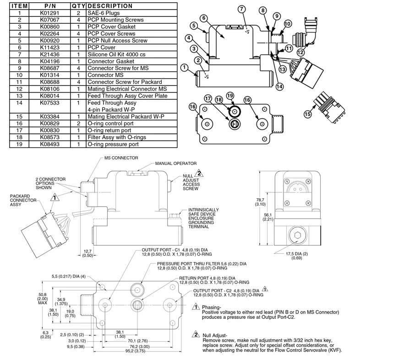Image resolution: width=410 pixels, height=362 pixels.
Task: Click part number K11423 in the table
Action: [x=49, y=48]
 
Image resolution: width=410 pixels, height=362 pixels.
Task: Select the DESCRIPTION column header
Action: [x=110, y=6]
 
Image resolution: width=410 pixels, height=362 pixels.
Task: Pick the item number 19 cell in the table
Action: [x=19, y=144]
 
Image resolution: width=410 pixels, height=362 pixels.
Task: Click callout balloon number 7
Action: [x=241, y=9]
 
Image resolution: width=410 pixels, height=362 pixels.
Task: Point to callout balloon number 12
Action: [x=301, y=52]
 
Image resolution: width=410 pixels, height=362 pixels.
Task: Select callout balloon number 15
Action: [x=307, y=114]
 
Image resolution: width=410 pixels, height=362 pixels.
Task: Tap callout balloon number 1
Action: [x=185, y=67]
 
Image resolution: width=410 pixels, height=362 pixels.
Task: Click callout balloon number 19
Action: [x=230, y=96]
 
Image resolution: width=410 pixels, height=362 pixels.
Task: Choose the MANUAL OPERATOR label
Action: [x=176, y=164]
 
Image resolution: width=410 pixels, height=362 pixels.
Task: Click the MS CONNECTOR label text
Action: [x=121, y=158]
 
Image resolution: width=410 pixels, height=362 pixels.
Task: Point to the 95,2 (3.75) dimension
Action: [x=135, y=351]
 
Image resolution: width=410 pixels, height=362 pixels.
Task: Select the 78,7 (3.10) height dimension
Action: [x=260, y=202]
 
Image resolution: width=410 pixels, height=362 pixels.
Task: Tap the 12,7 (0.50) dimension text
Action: [x=87, y=253]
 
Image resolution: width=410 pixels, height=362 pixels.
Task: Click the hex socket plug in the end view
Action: [x=298, y=236]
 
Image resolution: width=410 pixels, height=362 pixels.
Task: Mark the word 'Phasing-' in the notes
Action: [x=212, y=307]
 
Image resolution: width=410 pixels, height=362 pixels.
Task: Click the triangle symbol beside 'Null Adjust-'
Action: [x=196, y=334]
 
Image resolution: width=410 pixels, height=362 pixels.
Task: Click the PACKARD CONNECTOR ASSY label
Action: [x=23, y=200]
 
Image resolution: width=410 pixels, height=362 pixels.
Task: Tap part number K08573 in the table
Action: [x=49, y=137]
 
